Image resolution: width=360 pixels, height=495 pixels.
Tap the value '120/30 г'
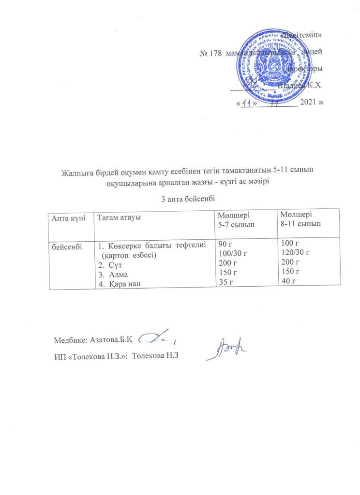296,252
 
